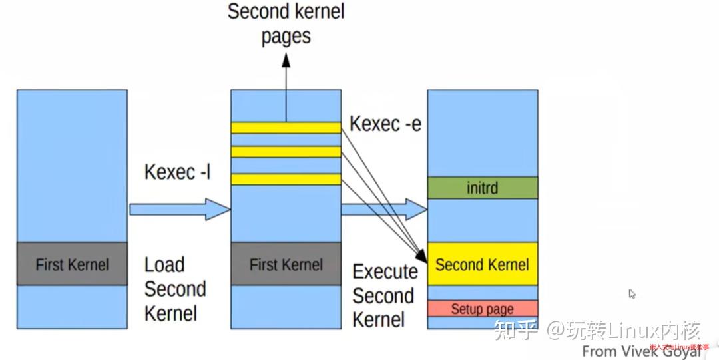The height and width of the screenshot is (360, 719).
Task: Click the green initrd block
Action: pyautogui.click(x=482, y=188)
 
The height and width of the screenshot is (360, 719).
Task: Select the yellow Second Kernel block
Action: pyautogui.click(x=482, y=264)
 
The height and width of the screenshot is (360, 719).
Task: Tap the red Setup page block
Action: pyautogui.click(x=482, y=309)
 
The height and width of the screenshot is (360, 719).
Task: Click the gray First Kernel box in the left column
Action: pyautogui.click(x=72, y=264)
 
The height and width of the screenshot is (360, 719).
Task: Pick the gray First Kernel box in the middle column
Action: pyautogui.click(x=286, y=264)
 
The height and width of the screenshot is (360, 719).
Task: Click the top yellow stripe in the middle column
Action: pyautogui.click(x=286, y=127)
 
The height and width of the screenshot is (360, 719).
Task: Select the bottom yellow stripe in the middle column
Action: pyautogui.click(x=286, y=178)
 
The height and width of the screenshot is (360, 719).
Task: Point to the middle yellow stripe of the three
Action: pyautogui.click(x=286, y=152)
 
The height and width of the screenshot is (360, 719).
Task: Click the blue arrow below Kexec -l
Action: pyautogui.click(x=179, y=209)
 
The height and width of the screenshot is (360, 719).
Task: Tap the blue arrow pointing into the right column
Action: pyautogui.click(x=383, y=210)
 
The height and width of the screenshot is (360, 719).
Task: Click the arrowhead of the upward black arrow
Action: pyautogui.click(x=286, y=60)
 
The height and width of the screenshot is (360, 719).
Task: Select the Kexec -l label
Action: pyautogui.click(x=177, y=172)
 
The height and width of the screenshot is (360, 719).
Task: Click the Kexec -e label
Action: pyautogui.click(x=385, y=124)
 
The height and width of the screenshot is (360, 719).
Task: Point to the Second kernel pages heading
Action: pyautogui.click(x=286, y=23)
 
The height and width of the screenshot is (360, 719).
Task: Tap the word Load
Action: pyautogui.click(x=164, y=264)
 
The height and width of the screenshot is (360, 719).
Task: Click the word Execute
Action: pyautogui.click(x=385, y=271)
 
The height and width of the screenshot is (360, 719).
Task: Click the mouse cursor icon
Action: pyautogui.click(x=632, y=294)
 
